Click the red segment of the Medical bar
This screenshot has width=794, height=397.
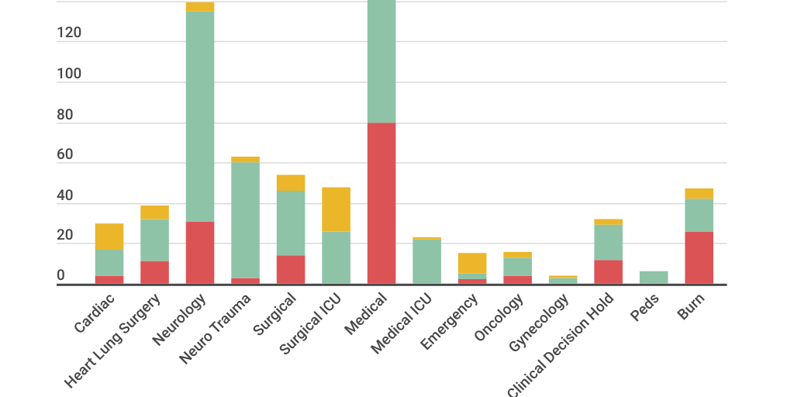[381, 203]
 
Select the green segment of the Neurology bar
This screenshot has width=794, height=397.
[200, 116]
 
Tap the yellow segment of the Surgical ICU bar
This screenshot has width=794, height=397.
[336, 209]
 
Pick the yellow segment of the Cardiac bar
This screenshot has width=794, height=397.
[109, 236]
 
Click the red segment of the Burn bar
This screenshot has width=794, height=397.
[699, 257]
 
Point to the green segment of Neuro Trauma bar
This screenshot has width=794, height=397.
[245, 220]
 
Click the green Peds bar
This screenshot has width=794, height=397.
[654, 277]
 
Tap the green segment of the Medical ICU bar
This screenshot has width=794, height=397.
[426, 261]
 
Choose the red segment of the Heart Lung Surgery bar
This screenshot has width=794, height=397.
[154, 272]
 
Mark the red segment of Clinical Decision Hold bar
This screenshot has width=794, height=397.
[608, 271]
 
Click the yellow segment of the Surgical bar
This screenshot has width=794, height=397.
[291, 182]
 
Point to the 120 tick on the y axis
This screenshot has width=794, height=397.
[69, 33]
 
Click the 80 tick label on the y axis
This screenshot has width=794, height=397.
[65, 115]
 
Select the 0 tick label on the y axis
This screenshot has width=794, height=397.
[61, 276]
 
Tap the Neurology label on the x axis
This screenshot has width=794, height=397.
[179, 319]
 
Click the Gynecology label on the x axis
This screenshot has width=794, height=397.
[539, 323]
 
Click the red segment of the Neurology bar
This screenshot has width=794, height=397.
[200, 253]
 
